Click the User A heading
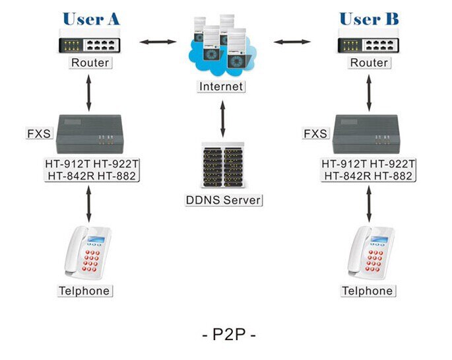click(x=91, y=18)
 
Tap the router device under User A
click(x=90, y=43)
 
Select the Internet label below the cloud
click(x=221, y=87)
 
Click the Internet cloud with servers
click(x=221, y=47)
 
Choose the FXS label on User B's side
click(x=315, y=133)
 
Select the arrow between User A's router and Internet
click(x=158, y=43)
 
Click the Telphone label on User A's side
click(x=84, y=291)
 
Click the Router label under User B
click(x=369, y=63)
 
